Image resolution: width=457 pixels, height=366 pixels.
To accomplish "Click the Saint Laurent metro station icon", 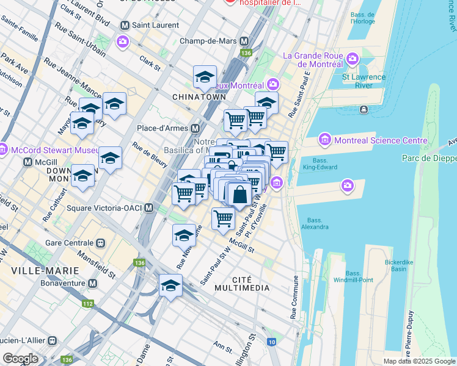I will click(x=125, y=26).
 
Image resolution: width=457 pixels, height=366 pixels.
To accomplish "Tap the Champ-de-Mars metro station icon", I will click(x=244, y=41).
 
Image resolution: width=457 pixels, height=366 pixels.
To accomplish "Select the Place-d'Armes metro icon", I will click(x=196, y=129).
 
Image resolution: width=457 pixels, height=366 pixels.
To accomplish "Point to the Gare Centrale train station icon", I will click(x=100, y=243).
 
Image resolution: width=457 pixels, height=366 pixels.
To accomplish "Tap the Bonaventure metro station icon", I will click(x=92, y=284).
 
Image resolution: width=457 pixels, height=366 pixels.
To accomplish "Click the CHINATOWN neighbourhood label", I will click(x=199, y=97).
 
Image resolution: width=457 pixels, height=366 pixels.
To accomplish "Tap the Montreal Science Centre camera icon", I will click(x=324, y=140).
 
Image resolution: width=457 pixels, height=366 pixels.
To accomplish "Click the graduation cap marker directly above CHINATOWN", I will click(x=205, y=77).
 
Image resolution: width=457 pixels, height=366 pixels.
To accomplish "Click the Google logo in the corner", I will click(x=20, y=359).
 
